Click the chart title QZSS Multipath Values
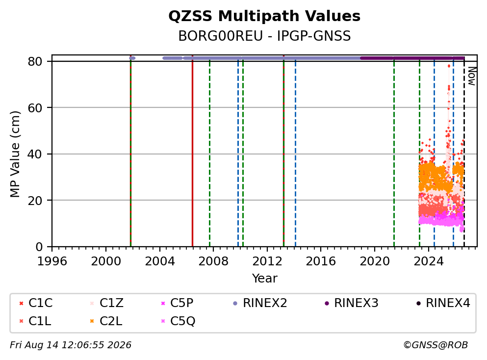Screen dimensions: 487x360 point(264,16)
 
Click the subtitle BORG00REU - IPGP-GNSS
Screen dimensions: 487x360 point(264,36)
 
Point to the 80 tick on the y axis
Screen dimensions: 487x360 point(35,61)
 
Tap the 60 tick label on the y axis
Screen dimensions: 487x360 point(35,108)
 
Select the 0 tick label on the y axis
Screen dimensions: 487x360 point(39,247)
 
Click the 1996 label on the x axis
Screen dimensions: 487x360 point(52,261)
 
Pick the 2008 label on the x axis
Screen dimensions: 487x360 point(213,261)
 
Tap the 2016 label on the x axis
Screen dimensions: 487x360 point(321,261)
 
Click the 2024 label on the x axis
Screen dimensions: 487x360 point(429,261)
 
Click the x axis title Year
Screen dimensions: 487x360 point(265,278)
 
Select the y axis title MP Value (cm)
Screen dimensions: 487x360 point(15,154)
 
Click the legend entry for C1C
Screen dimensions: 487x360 point(36,303)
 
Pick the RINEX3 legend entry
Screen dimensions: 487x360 point(352,303)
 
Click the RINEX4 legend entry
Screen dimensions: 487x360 point(443,303)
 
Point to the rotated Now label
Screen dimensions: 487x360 point(472,76)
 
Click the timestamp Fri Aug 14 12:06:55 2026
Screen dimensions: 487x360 point(71,345)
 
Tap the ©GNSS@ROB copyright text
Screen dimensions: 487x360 point(436,345)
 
